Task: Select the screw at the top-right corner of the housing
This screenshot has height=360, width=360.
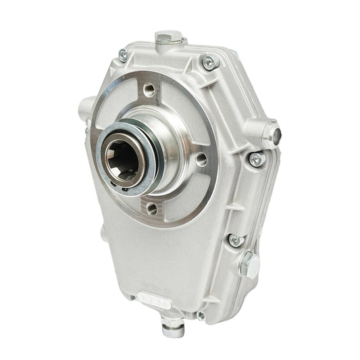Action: (x=209, y=63)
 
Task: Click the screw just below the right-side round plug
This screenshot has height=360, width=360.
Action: (x=255, y=159)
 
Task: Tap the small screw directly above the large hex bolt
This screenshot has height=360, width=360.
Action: (x=234, y=240)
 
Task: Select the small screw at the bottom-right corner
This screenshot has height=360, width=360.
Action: (x=201, y=315)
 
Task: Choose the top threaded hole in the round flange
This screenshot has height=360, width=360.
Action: (x=150, y=88)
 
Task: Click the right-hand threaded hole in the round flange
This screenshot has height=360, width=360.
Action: (x=201, y=159)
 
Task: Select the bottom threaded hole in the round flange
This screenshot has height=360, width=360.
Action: (x=152, y=209)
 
